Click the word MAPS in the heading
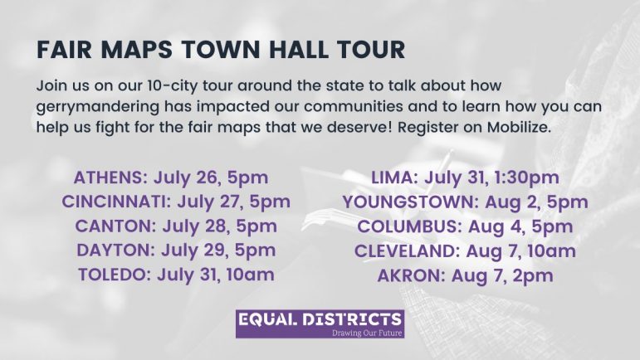click(x=137, y=50)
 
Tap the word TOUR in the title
click(x=370, y=50)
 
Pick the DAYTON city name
click(x=116, y=251)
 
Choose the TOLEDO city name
click(x=115, y=275)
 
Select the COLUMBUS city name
click(x=409, y=226)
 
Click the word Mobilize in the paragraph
click(x=519, y=127)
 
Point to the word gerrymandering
click(x=98, y=108)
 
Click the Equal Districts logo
click(x=320, y=324)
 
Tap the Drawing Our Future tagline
click(x=367, y=333)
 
